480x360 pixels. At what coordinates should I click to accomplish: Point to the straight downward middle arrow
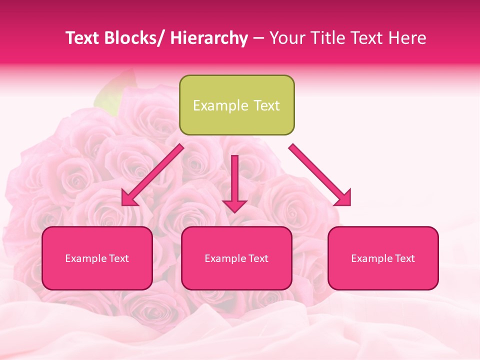tap(234, 180)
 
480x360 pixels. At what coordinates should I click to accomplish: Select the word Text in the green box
tap(265, 105)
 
